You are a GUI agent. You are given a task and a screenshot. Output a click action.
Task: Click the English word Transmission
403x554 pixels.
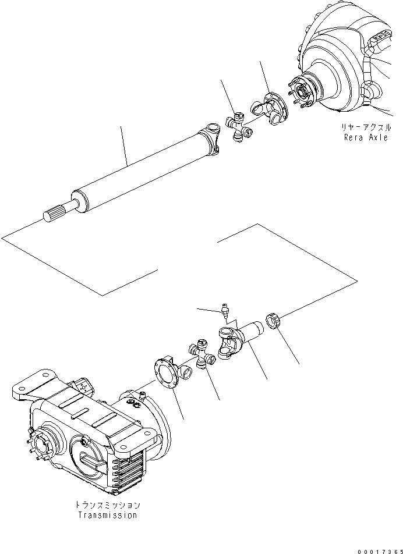pos(108,515)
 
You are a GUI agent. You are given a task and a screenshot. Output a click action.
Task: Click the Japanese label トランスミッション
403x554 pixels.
pos(108,505)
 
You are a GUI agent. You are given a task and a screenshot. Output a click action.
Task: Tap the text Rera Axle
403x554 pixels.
pos(365,138)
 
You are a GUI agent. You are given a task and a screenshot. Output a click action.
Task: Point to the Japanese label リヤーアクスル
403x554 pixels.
pos(367,127)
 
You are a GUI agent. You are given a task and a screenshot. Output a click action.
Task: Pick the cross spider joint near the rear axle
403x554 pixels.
pos(239,129)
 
